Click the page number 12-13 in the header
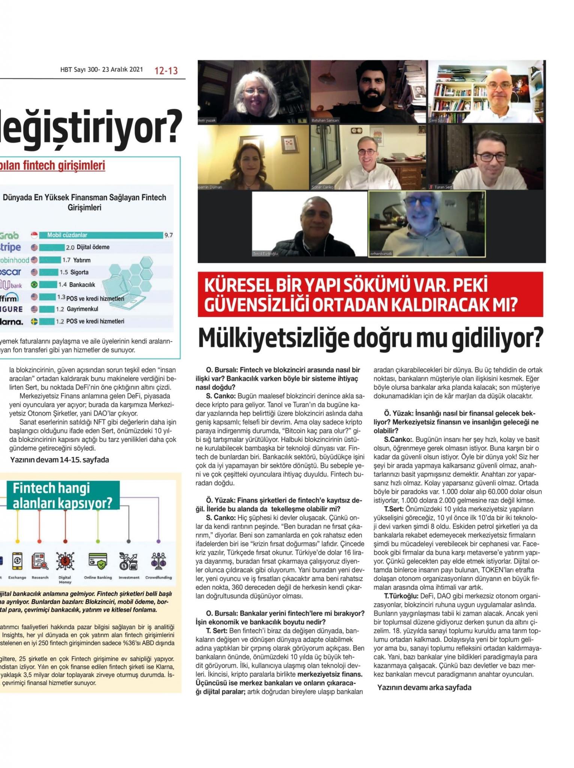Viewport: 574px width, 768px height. pos(166,70)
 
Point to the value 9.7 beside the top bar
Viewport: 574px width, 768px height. pos(168,235)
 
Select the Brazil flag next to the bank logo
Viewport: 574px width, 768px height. pos(35,285)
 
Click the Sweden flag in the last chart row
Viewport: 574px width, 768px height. pos(35,321)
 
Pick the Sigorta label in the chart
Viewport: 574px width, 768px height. pos(79,272)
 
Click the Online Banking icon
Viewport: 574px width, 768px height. pos(98,561)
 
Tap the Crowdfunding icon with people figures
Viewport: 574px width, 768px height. pos(158,561)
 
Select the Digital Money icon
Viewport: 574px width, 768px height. pos(65,561)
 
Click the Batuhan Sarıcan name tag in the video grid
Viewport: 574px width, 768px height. pos(325,120)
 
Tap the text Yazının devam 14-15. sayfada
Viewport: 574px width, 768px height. pos(59,460)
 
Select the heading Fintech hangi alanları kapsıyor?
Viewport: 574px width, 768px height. pos(62,495)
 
